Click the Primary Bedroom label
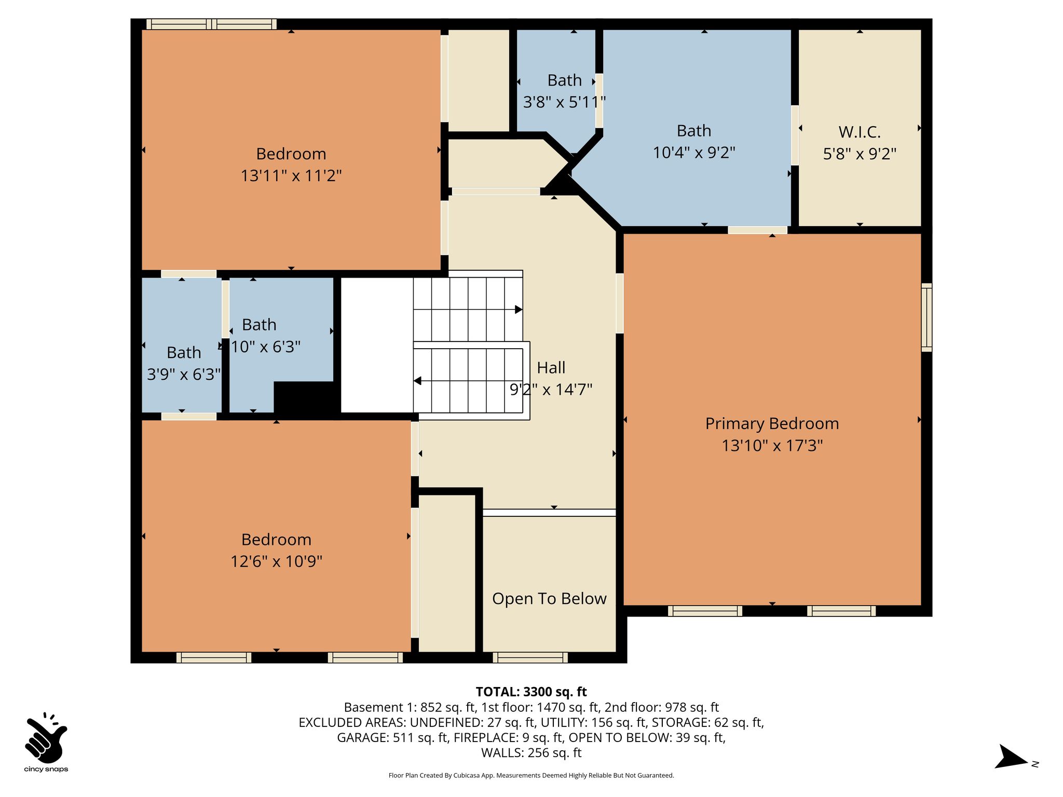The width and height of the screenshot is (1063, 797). (772, 423)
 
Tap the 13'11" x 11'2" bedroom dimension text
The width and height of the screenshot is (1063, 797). (291, 176)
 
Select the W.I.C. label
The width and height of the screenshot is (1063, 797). (860, 132)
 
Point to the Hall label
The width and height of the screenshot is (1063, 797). (551, 367)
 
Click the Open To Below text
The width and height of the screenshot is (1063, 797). (549, 599)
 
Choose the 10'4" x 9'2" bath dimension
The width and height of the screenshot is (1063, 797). (694, 153)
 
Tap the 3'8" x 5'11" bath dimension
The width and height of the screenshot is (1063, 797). (564, 102)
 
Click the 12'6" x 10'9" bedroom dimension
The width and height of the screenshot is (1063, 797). (277, 561)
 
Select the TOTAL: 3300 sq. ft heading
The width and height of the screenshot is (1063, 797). (531, 692)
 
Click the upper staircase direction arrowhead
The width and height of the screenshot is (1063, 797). (519, 309)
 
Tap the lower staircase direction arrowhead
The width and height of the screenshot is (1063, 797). (417, 381)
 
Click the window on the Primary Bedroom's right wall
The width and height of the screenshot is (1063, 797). (926, 318)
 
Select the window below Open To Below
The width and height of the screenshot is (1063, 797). (530, 657)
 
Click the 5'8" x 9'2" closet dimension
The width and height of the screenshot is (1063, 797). (860, 154)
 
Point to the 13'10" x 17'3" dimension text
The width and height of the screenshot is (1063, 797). (772, 446)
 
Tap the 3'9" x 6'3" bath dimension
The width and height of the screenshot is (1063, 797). (184, 375)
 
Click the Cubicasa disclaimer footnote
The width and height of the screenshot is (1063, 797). (531, 776)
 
